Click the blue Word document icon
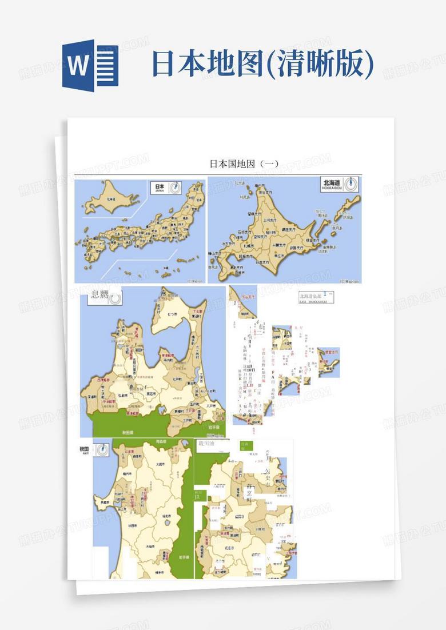point(90,67)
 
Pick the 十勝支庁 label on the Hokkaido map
point(276,245)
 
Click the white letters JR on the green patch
point(197,497)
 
